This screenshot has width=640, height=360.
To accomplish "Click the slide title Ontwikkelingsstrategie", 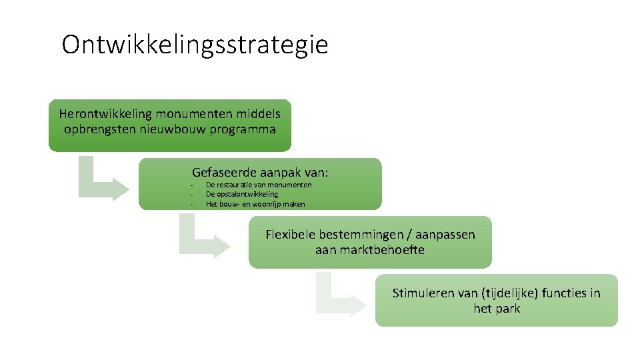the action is pyautogui.click(x=195, y=45).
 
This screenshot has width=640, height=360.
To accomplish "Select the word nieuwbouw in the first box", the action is pyautogui.click(x=172, y=129).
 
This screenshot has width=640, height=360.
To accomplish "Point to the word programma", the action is pyautogui.click(x=243, y=129).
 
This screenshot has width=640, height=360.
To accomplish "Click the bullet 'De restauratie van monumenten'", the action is pyautogui.click(x=259, y=185).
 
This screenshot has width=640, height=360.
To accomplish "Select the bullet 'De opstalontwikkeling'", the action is pyautogui.click(x=242, y=194).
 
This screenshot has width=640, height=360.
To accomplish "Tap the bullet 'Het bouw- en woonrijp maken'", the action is pyautogui.click(x=255, y=204).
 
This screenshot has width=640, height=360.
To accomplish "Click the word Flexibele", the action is pyautogui.click(x=291, y=235).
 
